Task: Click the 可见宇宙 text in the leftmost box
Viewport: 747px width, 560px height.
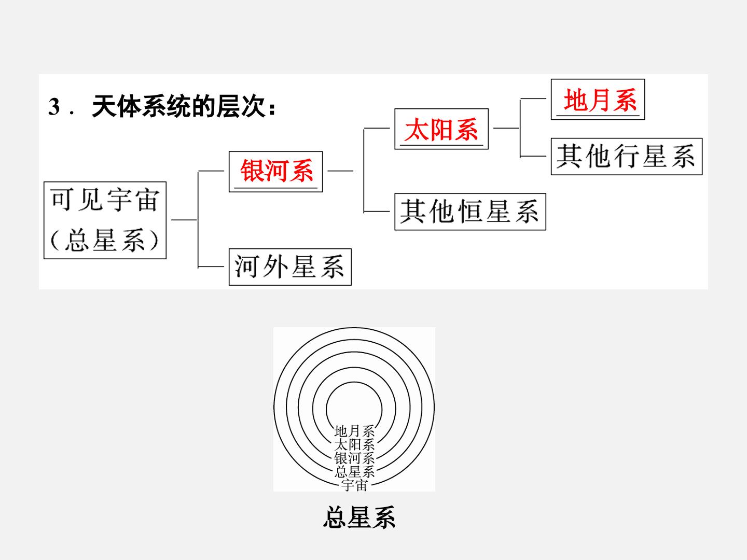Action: pyautogui.click(x=105, y=200)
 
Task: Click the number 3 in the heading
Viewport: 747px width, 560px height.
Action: pyautogui.click(x=54, y=107)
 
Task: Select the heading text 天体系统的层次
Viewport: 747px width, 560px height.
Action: pyautogui.click(x=178, y=107)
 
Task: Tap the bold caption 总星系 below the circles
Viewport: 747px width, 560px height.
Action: pyautogui.click(x=359, y=517)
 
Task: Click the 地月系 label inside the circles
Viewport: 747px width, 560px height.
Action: pyautogui.click(x=354, y=431)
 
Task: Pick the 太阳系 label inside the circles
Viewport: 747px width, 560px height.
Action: pyautogui.click(x=354, y=445)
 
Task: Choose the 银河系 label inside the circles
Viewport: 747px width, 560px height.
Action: pyautogui.click(x=354, y=458)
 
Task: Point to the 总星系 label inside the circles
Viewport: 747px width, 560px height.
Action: pyautogui.click(x=354, y=472)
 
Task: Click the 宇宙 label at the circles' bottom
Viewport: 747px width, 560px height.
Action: pyautogui.click(x=354, y=485)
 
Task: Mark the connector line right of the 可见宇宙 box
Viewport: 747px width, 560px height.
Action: pyautogui.click(x=184, y=220)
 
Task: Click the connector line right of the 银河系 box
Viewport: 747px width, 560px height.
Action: pyautogui.click(x=340, y=171)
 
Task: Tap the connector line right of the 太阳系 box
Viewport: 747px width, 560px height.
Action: pyautogui.click(x=506, y=128)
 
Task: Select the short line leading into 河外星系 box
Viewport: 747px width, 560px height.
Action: pyautogui.click(x=211, y=267)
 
